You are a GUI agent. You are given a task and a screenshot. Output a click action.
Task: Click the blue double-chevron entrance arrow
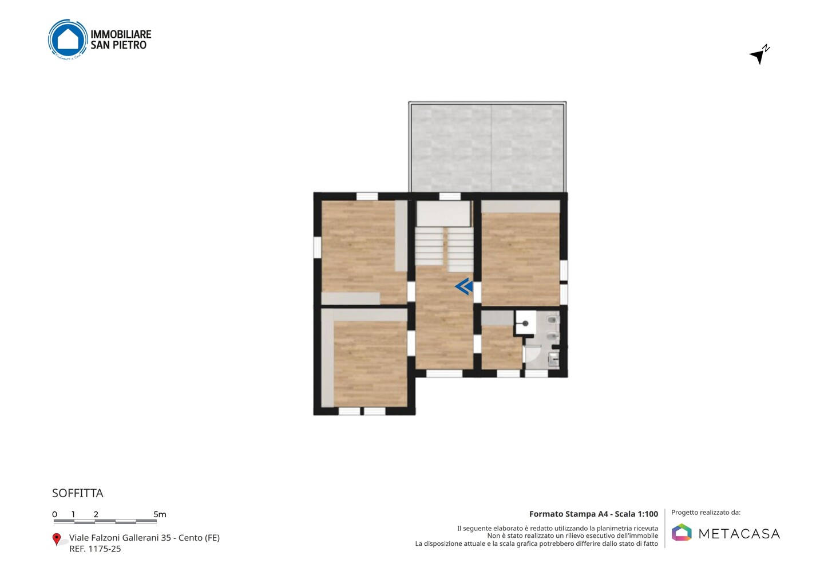tap(463, 286)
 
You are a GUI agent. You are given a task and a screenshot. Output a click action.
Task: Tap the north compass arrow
tap(759, 56)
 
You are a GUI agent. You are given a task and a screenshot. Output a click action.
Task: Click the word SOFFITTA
tap(78, 493)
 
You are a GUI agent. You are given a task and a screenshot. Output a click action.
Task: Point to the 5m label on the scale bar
tap(160, 514)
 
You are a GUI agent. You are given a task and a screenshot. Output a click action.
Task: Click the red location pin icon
tap(56, 539)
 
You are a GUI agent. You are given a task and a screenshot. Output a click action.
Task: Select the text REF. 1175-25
tap(95, 549)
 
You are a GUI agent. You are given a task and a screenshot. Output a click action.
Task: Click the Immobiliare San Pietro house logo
tap(68, 40)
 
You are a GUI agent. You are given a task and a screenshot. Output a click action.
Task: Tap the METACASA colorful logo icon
tap(682, 532)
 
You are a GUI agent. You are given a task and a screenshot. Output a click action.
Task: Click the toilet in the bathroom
tap(553, 320)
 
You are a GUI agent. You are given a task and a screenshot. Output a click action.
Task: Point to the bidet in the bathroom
tap(553, 336)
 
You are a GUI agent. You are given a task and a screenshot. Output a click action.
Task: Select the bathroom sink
tap(554, 359)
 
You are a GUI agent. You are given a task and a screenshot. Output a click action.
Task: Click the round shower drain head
tap(526, 324)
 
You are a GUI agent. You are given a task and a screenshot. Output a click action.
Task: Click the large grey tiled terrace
tap(488, 148)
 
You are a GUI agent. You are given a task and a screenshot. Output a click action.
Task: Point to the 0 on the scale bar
tap(54, 514)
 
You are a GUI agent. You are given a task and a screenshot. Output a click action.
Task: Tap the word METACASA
tap(739, 534)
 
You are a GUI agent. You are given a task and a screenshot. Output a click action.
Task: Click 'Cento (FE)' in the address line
tap(199, 538)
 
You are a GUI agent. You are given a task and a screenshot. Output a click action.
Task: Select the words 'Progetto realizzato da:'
tap(706, 513)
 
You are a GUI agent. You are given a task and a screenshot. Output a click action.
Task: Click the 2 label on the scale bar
tap(96, 514)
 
